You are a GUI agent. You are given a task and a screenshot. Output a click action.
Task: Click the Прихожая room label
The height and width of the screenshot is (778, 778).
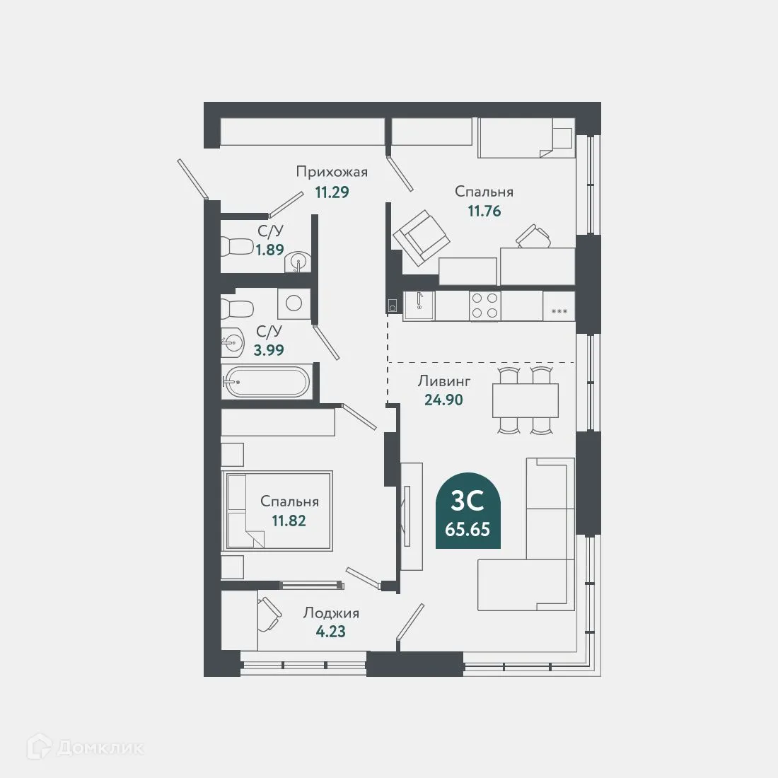coord(332,172)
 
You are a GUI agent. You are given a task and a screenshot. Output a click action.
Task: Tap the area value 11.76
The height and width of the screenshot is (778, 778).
coord(484,211)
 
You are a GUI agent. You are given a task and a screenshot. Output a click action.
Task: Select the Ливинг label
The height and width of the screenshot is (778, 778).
coord(444,381)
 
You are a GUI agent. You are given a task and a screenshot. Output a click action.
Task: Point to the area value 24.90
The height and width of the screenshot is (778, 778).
coord(443,400)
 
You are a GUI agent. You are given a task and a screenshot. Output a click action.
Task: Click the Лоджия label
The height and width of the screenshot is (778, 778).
coord(331,613)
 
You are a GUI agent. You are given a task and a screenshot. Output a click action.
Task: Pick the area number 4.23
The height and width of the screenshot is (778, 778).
coord(331,632)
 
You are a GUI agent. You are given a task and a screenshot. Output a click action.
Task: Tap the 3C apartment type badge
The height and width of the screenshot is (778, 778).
coord(468,511)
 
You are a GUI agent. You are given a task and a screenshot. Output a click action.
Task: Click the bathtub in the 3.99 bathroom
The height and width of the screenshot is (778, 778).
coord(266,382)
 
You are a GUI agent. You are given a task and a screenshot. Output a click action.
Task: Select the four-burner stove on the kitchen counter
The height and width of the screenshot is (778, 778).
coord(484,305)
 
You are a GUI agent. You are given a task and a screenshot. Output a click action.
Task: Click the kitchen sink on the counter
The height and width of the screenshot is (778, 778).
coord(419,305)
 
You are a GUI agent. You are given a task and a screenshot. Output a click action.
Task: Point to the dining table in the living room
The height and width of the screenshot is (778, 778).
coord(526,400)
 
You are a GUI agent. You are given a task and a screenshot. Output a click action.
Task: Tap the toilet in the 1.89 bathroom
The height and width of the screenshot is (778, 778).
coord(237,245)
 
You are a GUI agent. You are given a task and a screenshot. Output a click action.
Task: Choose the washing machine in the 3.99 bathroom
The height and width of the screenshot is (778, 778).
coord(294,303)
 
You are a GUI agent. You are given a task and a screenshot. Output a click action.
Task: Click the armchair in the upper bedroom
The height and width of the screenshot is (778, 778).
coord(422,238)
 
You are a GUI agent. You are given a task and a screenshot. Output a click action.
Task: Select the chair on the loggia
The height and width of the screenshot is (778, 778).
coord(269,614)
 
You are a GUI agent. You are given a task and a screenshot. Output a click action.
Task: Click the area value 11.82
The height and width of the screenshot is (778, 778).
coord(289,521)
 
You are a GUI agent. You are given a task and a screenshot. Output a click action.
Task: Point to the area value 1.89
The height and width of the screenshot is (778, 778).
coord(270,250)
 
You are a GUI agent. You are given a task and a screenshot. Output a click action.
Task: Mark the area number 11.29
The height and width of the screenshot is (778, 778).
coord(332,192)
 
